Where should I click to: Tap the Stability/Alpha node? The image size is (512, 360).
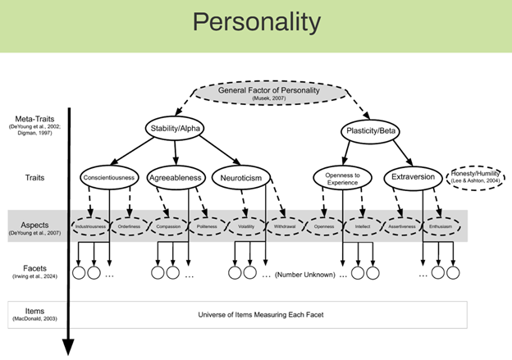click(x=176, y=130)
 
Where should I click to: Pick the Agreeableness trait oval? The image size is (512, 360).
click(x=175, y=178)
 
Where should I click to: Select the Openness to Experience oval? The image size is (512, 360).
click(x=339, y=178)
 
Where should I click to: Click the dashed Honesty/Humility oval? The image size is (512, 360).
click(x=476, y=178)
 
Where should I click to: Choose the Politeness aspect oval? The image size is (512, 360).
click(x=206, y=225)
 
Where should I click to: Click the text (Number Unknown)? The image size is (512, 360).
click(x=304, y=275)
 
